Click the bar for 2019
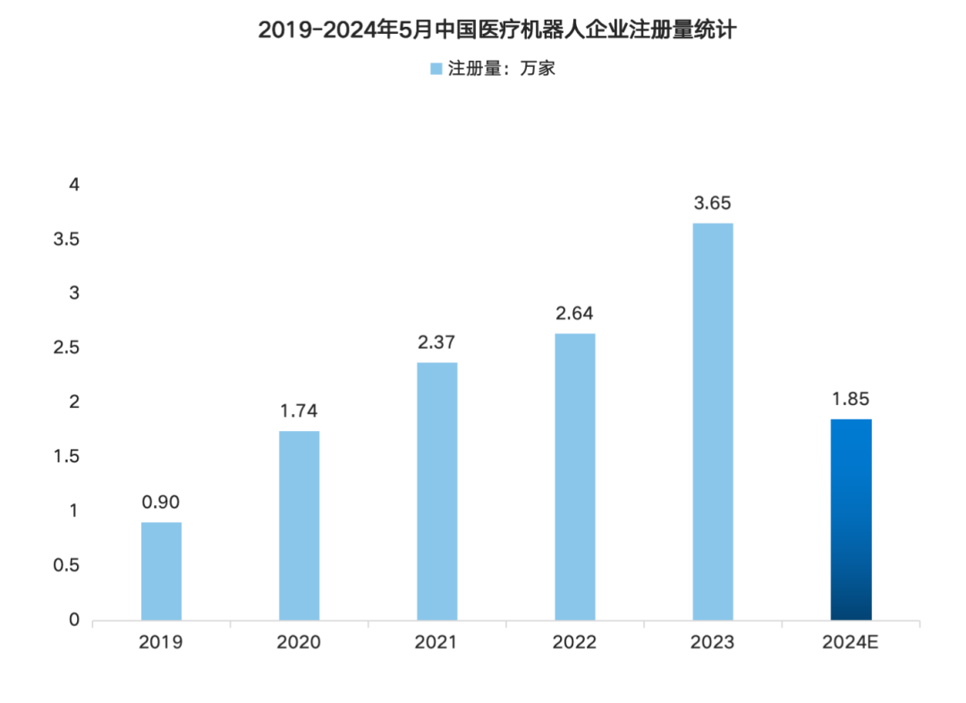click(x=161, y=572)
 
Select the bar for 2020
click(x=299, y=526)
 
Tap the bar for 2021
click(x=436, y=491)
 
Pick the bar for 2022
click(x=574, y=477)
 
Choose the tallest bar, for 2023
click(x=712, y=421)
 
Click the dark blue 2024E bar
click(x=851, y=520)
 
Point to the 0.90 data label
click(x=161, y=503)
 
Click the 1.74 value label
click(x=299, y=411)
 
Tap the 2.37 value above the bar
click(x=436, y=343)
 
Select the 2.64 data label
click(x=574, y=314)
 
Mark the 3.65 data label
click(x=712, y=203)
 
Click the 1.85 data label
click(x=851, y=399)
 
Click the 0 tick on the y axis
click(x=74, y=620)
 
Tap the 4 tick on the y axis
click(x=74, y=185)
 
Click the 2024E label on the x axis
click(x=851, y=643)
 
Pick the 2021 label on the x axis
click(x=436, y=643)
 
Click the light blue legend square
click(x=436, y=69)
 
